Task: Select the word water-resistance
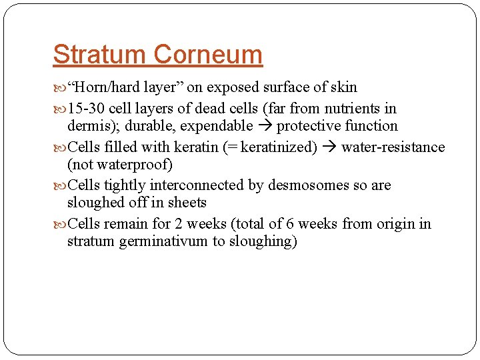click(x=393, y=147)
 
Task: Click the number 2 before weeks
click(x=177, y=224)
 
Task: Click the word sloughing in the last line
click(x=262, y=242)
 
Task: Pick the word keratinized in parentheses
click(x=278, y=147)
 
